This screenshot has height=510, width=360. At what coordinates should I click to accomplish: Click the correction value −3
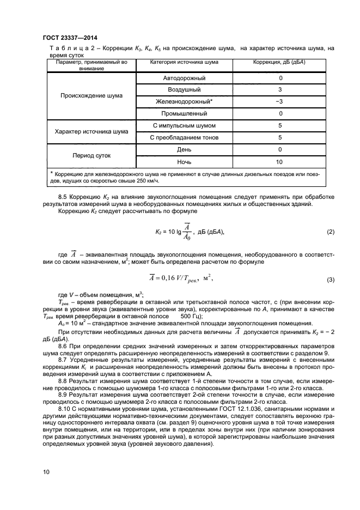pos(279,101)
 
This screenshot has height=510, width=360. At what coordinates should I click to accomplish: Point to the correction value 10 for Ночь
pos(279,162)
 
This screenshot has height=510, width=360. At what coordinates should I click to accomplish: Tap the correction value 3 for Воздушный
pos(279,89)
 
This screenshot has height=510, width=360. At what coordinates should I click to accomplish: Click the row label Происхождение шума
pos(91,95)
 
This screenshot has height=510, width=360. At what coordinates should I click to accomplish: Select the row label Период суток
pos(91,155)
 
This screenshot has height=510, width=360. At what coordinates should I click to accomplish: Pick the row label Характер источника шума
pos(91,131)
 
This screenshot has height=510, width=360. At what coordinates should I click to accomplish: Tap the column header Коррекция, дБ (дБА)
pos(279,62)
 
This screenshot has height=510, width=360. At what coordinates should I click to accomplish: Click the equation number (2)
pos(330,232)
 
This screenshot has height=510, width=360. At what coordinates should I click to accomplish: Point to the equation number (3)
pos(330,280)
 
